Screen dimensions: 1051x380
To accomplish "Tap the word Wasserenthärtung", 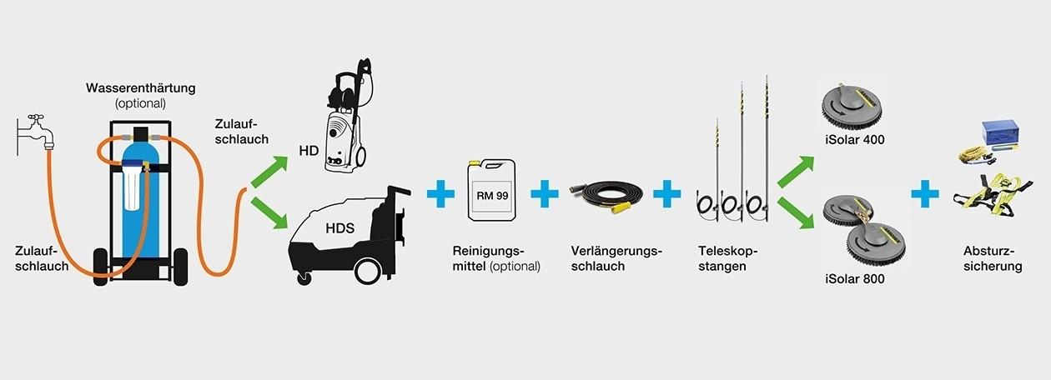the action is (141, 88).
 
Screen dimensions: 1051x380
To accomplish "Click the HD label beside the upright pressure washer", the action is (309, 151).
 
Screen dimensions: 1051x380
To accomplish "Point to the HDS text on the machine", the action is (340, 228).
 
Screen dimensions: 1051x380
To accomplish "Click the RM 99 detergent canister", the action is (491, 190).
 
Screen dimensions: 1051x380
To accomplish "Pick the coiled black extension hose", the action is (606, 194).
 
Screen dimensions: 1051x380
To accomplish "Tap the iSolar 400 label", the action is (855, 140).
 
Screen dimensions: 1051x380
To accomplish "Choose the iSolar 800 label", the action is (855, 279).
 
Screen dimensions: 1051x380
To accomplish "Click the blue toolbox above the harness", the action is (1000, 132).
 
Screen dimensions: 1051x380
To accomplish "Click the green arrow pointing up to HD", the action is (269, 172).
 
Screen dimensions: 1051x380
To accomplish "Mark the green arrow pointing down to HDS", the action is (269, 212).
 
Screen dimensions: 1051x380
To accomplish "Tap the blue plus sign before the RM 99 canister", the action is (440, 193).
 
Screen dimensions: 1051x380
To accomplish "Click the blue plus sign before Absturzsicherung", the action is (925, 193).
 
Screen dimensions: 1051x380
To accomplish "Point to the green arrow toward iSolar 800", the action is (796, 212).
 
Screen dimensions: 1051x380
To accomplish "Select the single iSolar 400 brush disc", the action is (852, 107).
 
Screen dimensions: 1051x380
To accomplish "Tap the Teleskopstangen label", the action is (727, 258).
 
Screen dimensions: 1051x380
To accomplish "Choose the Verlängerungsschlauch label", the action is (616, 258).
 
